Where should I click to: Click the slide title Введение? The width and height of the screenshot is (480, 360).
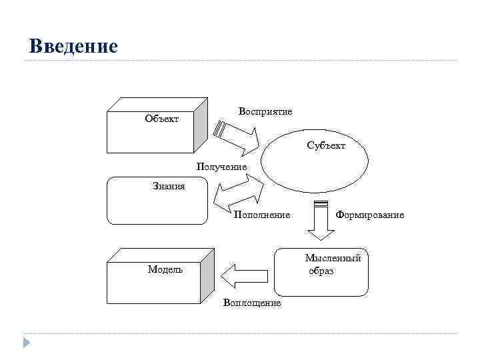click(73, 46)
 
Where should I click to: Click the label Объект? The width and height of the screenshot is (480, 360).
click(161, 119)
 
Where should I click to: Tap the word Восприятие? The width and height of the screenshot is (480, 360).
click(265, 111)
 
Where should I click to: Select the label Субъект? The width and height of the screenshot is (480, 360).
click(326, 145)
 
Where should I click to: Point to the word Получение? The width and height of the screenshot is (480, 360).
click(221, 166)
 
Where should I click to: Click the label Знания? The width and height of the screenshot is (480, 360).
click(169, 187)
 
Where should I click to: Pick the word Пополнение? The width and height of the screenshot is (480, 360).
click(261, 215)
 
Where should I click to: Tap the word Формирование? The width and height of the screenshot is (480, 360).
click(370, 215)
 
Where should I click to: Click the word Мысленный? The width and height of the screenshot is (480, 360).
click(333, 258)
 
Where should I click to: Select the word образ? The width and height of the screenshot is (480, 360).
click(321, 271)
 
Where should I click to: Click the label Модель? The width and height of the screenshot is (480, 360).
click(165, 269)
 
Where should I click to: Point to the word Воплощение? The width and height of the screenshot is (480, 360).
click(252, 303)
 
